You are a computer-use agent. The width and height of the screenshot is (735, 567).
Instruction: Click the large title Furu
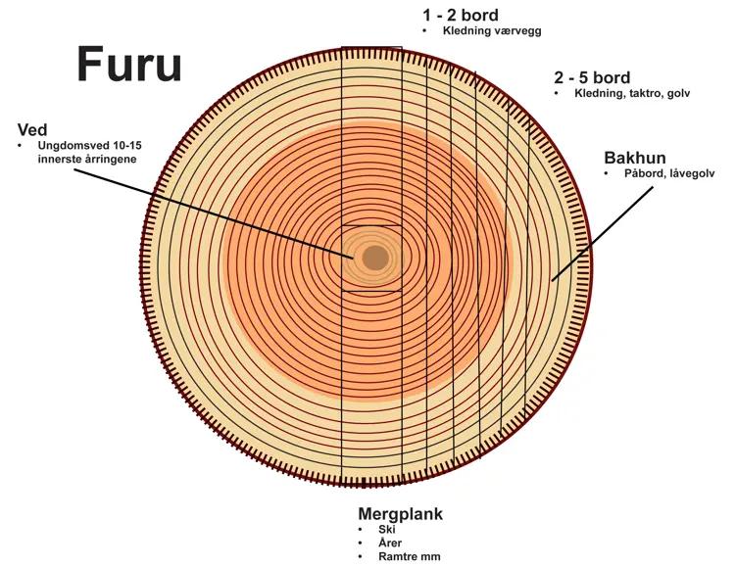coord(129,65)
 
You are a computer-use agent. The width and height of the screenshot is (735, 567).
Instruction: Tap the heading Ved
coord(33,129)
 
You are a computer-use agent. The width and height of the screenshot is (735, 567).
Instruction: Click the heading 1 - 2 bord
coord(460,16)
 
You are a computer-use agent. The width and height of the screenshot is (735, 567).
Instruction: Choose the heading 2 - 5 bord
coord(591,78)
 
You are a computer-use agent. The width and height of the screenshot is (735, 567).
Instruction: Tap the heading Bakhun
coord(635,158)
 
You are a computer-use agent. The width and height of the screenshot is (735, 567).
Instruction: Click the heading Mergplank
coord(400,514)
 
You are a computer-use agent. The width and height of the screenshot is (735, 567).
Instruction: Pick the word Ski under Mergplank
coord(386,530)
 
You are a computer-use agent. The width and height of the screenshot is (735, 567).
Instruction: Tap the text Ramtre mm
coord(409,556)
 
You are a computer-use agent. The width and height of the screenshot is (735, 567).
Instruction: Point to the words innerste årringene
coord(87,158)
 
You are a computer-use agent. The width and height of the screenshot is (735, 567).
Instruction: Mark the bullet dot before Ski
coord(362,530)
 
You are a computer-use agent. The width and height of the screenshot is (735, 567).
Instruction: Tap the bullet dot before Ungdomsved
coord(23,145)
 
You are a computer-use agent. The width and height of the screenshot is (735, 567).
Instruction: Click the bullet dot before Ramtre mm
coord(362,556)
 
